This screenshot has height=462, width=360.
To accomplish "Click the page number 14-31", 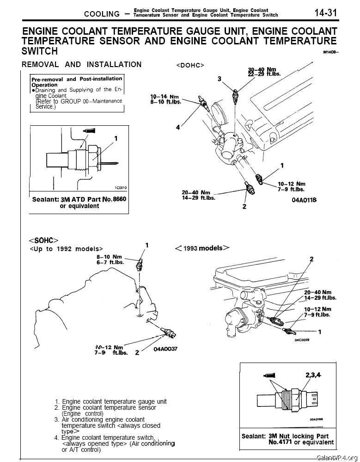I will pyautogui.click(x=326, y=12).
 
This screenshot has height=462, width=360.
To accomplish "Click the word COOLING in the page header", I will pyautogui.click(x=102, y=14).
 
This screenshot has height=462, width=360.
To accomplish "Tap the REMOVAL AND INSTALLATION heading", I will pyautogui.click(x=82, y=65).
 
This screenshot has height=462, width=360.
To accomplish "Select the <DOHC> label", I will pyautogui.click(x=190, y=65).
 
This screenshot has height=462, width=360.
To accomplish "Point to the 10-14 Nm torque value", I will pyautogui.click(x=165, y=97).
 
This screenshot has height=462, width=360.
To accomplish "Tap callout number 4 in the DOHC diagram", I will pyautogui.click(x=177, y=128).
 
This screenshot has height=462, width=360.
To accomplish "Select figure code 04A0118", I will pyautogui.click(x=304, y=200).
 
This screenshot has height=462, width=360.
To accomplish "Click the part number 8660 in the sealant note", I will pyautogui.click(x=119, y=199).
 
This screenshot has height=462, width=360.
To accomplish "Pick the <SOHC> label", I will pyautogui.click(x=43, y=240).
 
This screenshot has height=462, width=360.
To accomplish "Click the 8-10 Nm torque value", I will pyautogui.click(x=109, y=257).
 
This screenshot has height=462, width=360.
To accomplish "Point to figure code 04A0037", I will pyautogui.click(x=166, y=349).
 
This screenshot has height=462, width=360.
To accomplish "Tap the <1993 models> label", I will pyautogui.click(x=202, y=248).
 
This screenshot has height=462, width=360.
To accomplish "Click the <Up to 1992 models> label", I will pyautogui.click(x=66, y=248).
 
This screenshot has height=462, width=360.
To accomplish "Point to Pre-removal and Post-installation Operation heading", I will pyautogui.click(x=76, y=82).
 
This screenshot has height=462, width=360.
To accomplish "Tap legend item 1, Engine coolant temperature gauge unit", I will pyautogui.click(x=110, y=401).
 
